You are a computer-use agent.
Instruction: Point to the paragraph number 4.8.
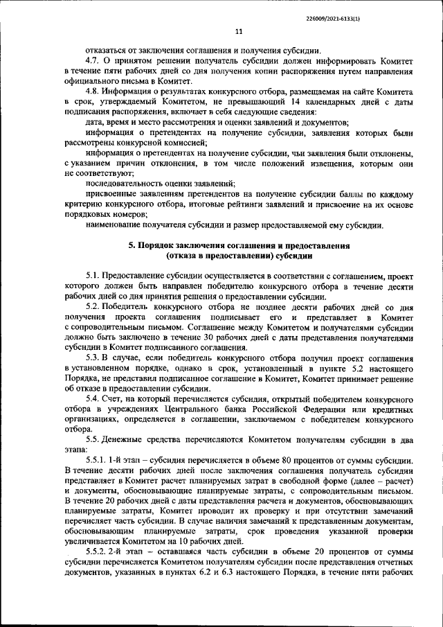(93, 91)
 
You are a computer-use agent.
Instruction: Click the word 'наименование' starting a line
(115, 224)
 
